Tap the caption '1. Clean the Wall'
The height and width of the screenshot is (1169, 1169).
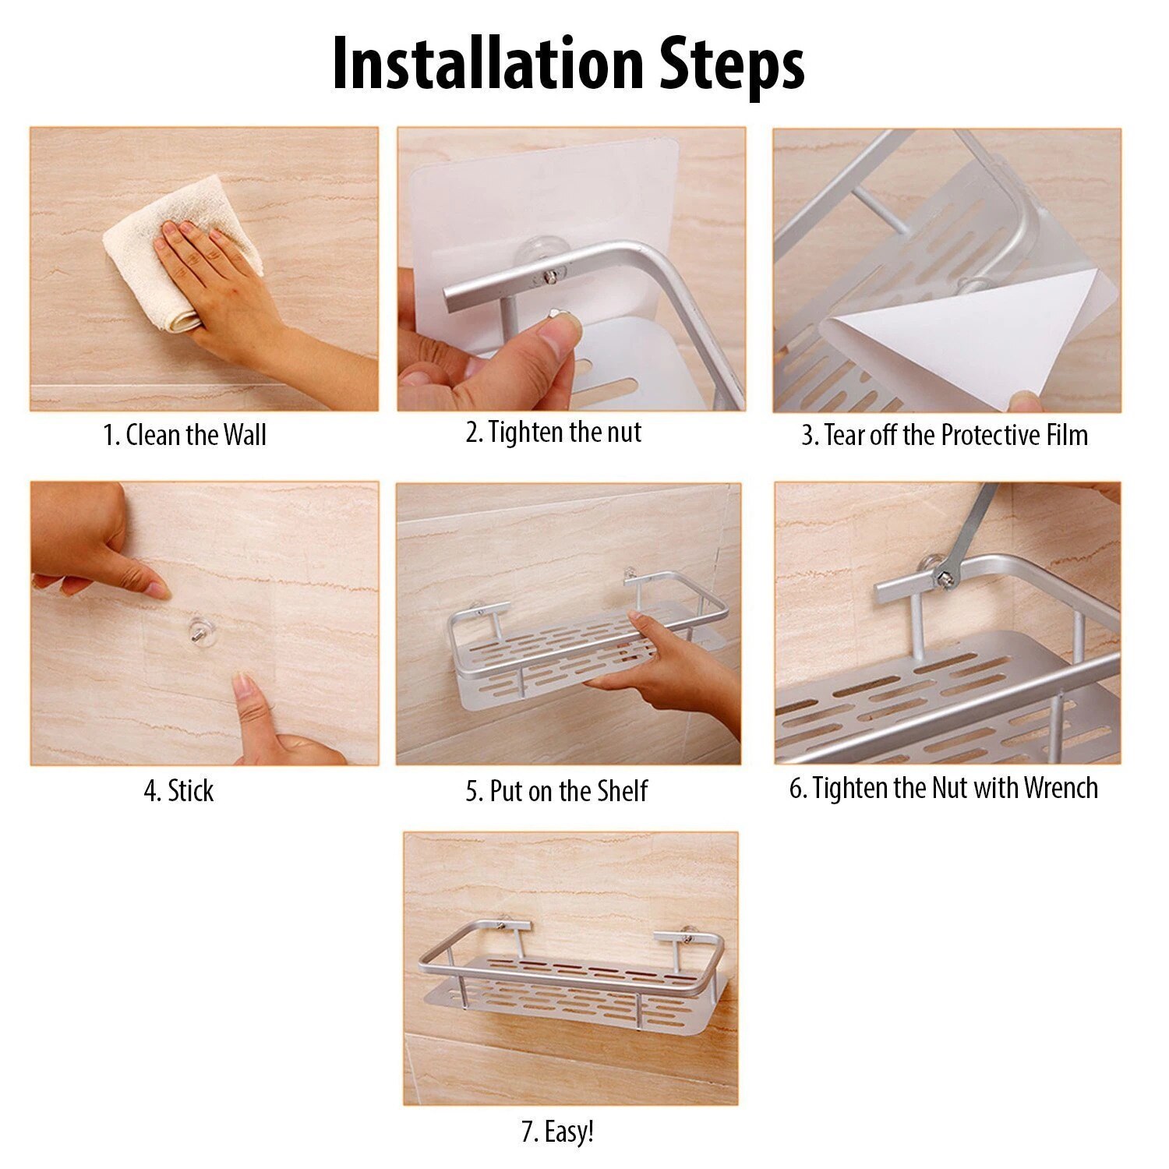(185, 434)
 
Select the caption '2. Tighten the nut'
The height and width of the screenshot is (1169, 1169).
(553, 432)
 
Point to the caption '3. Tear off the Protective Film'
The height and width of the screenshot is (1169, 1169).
(945, 434)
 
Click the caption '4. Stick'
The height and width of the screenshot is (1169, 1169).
(178, 790)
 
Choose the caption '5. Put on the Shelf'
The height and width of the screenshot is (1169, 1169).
(556, 790)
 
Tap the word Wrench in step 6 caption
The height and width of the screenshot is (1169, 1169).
(1061, 788)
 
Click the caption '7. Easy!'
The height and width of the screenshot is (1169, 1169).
(557, 1132)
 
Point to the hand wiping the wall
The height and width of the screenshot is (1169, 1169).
(234, 304)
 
